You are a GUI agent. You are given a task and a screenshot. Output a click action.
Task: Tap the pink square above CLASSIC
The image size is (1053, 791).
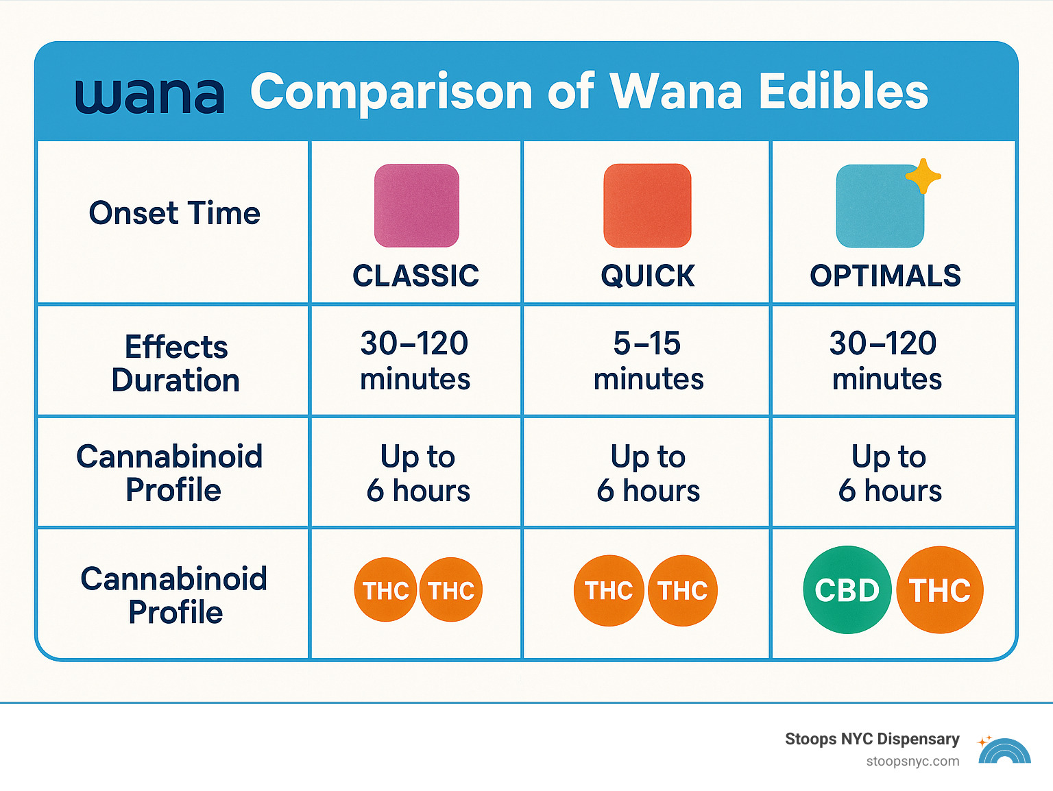(x=416, y=206)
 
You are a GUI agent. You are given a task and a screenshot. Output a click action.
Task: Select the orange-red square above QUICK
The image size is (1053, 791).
(x=647, y=206)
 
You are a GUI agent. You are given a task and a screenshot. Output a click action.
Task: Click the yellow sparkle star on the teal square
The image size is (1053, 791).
(x=923, y=176)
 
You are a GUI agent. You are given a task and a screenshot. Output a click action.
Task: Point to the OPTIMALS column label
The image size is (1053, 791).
(x=885, y=276)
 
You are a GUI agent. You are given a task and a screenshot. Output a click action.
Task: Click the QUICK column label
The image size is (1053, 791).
(x=647, y=276)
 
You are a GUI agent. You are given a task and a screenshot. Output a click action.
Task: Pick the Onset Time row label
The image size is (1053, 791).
(x=174, y=213)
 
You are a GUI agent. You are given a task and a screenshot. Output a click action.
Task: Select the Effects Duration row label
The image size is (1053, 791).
(x=175, y=363)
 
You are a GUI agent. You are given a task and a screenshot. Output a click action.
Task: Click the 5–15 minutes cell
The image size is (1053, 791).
(x=648, y=361)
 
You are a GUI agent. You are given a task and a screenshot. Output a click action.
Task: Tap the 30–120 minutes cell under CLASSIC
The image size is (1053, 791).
(x=415, y=361)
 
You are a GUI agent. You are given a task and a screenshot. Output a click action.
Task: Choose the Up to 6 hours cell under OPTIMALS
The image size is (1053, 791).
(x=889, y=473)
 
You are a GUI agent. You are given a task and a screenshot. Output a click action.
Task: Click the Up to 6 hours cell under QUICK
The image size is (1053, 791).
(x=648, y=473)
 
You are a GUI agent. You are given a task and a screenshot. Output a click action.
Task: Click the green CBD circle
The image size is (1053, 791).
(x=847, y=589)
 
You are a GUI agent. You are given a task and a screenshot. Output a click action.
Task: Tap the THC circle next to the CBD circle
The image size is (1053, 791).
(x=939, y=589)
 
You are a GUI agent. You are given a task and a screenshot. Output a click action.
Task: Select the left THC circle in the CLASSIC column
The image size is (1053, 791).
(x=385, y=589)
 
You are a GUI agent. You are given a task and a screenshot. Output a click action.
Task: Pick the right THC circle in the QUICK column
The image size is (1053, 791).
(x=682, y=590)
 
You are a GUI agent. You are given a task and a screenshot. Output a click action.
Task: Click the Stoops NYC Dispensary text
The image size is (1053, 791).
(x=871, y=739)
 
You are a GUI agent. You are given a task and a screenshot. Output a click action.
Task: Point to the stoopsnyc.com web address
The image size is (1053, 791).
(x=912, y=762)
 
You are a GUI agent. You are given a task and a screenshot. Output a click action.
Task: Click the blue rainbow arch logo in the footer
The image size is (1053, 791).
(x=1004, y=752)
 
